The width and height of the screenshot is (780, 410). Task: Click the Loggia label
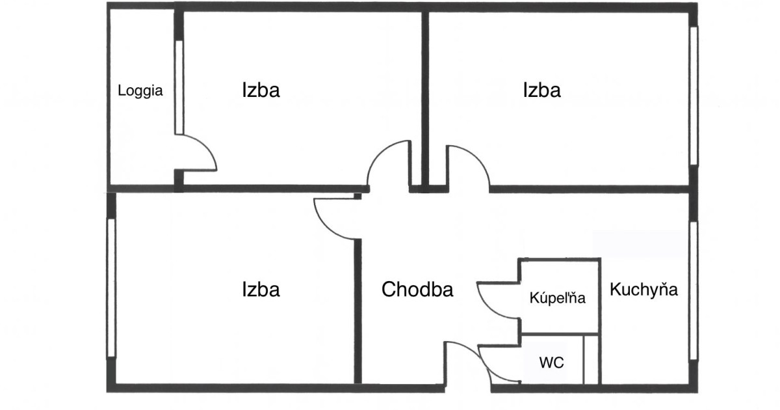coord(140,91)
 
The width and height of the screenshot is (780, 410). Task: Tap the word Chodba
coord(417,290)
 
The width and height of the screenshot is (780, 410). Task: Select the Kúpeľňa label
coord(558,299)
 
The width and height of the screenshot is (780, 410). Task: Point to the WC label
coord(552,362)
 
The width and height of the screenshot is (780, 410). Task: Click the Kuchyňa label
coord(643,290)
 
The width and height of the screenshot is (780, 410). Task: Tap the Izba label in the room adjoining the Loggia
coord(261,90)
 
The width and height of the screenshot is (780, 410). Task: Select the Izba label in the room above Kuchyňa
coord(541,90)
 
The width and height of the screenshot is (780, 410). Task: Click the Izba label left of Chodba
coord(261,289)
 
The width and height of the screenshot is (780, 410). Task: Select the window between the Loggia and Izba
coord(179,87)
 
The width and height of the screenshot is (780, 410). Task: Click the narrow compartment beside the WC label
coord(590,359)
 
